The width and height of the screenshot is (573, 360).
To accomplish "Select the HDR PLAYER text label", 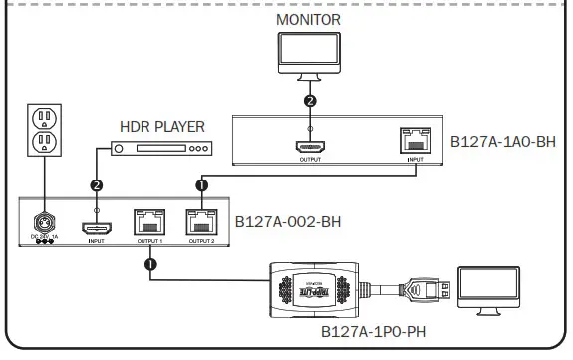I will pyautogui.click(x=161, y=127).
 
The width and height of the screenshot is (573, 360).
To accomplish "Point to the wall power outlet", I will pyautogui.click(x=43, y=131).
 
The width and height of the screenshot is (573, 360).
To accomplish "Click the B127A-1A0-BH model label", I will pyautogui.click(x=504, y=142).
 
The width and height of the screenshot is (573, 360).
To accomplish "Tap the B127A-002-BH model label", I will pyautogui.click(x=288, y=220).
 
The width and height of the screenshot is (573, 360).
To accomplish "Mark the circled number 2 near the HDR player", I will pyautogui.click(x=97, y=185).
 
